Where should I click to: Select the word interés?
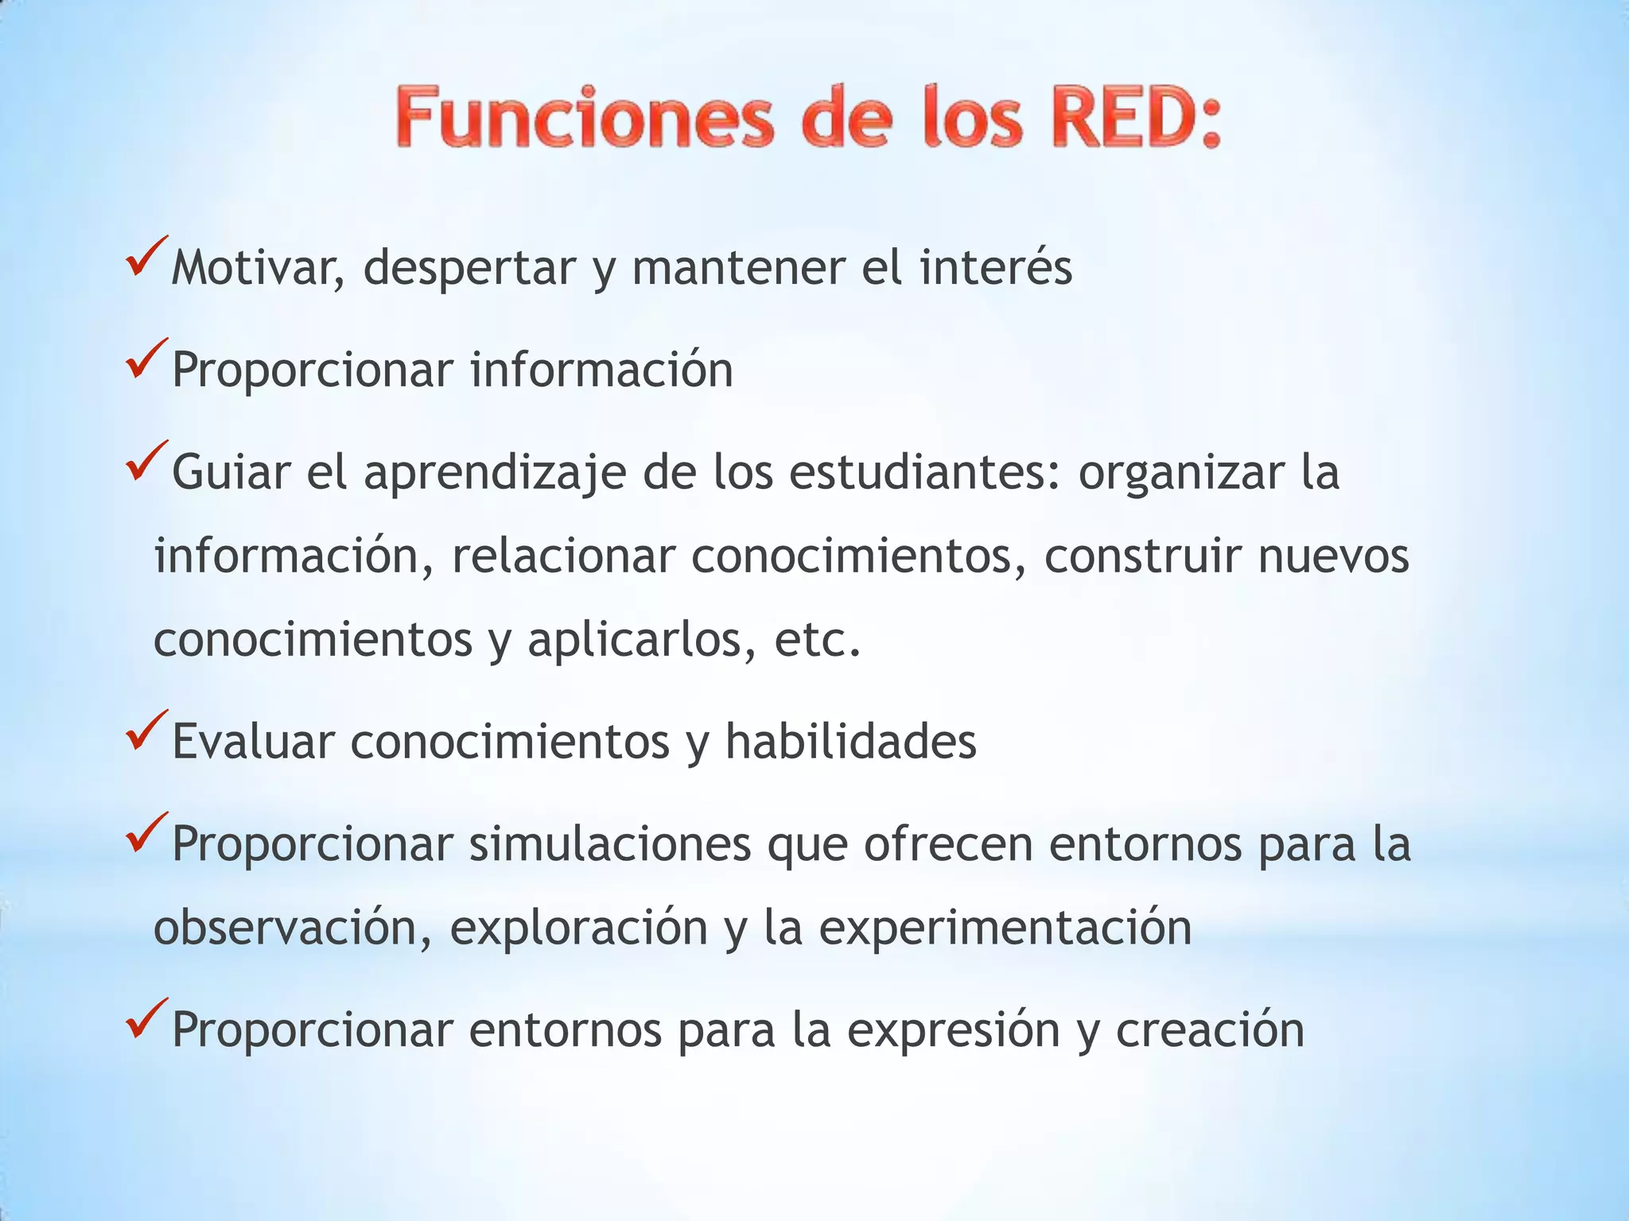tap(996, 268)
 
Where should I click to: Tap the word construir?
tap(1142, 556)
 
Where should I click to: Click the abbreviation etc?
tap(818, 641)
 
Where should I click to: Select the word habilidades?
tap(850, 742)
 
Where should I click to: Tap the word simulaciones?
tap(609, 843)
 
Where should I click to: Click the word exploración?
tap(579, 928)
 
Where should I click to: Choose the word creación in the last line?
tap(1210, 1029)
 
